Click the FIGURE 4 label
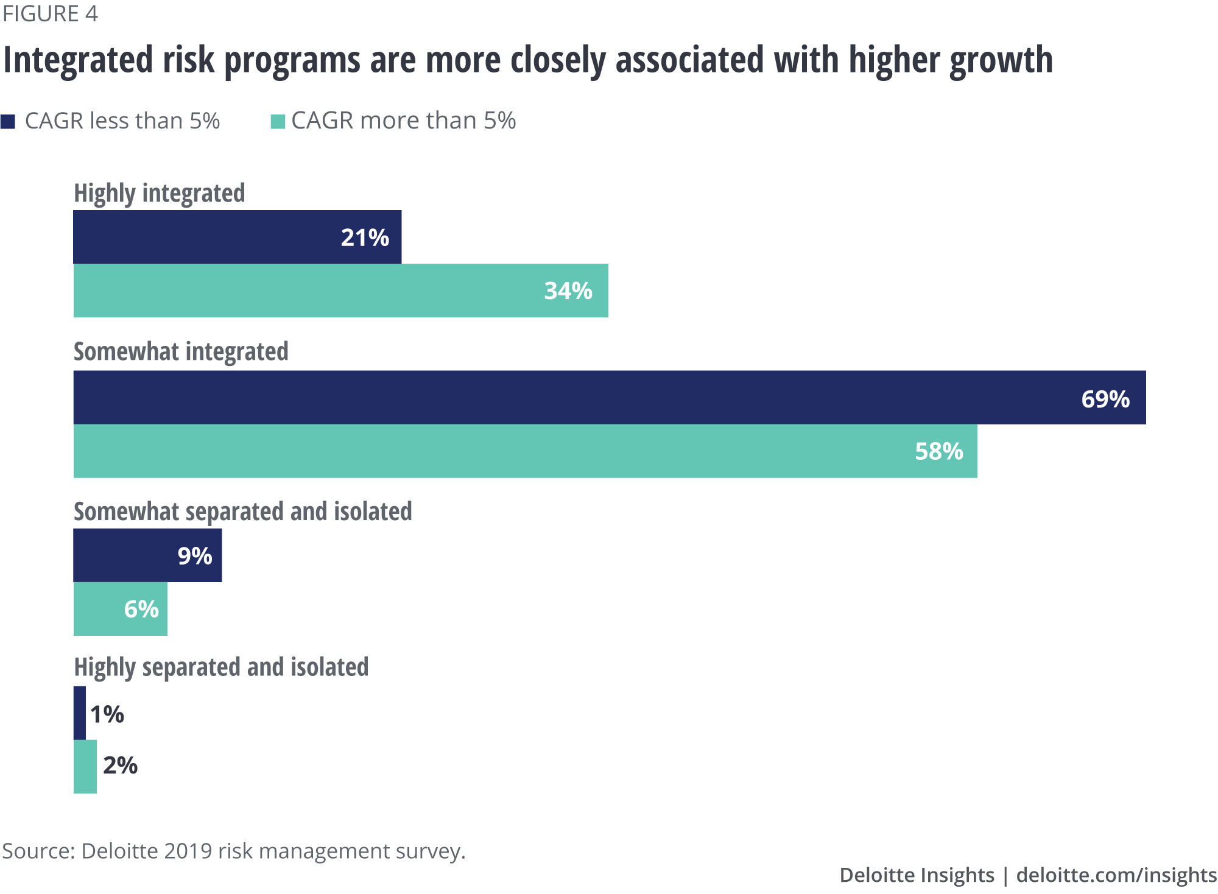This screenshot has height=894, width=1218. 50,13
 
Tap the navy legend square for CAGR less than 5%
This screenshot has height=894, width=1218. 8,121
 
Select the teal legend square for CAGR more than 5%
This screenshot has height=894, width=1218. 278,121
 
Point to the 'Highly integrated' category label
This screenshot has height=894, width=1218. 159,193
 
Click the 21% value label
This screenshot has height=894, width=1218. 364,238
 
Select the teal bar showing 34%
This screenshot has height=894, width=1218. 340,290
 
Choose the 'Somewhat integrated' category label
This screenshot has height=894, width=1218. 181,352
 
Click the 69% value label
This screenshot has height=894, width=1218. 1105,399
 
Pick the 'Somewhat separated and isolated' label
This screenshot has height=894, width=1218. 242,512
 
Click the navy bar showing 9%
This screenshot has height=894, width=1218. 147,555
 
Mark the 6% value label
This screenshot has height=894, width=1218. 141,609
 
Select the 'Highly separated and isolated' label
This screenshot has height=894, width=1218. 221,667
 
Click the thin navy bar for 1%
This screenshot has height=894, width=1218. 80,713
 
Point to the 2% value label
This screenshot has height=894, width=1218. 120,766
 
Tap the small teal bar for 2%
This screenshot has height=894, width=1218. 85,767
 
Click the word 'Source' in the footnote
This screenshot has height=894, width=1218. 36,851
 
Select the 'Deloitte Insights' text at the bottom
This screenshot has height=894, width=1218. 917,875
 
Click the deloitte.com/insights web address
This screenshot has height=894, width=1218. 1116,875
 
